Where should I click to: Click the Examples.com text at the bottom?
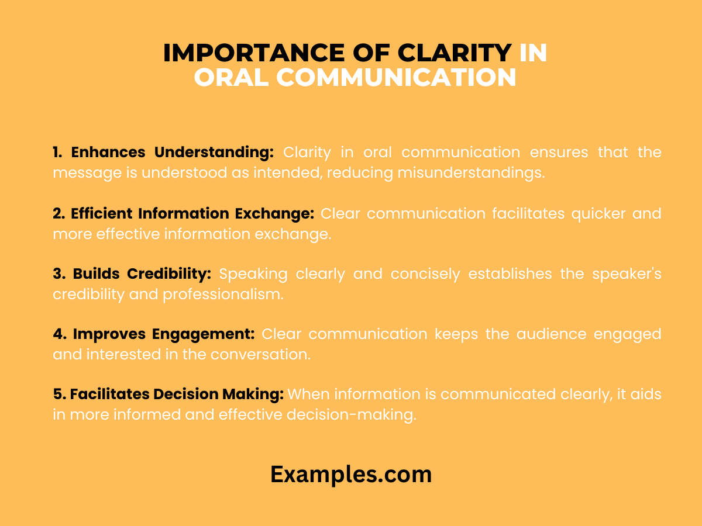(x=351, y=474)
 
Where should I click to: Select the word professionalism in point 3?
(x=223, y=294)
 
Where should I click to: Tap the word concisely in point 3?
(x=425, y=274)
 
